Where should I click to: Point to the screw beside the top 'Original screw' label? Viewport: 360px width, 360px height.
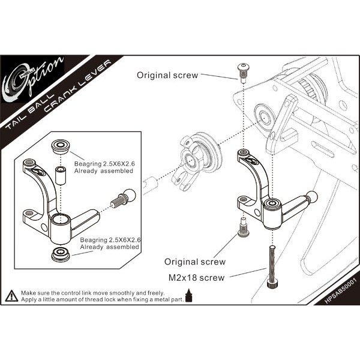[243, 72]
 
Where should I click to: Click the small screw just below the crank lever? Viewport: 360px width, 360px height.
[243, 227]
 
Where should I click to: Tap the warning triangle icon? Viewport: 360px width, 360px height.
[11, 295]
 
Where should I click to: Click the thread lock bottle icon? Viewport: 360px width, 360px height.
[190, 296]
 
